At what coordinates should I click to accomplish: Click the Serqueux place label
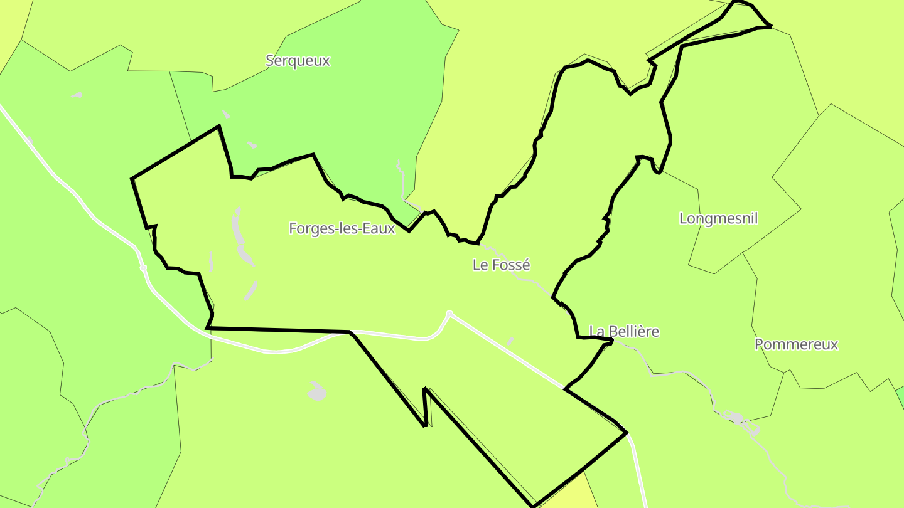pyautogui.click(x=298, y=61)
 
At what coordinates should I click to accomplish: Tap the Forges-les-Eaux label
pyautogui.click(x=342, y=228)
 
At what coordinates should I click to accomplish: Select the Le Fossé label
pyautogui.click(x=501, y=265)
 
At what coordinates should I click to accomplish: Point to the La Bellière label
pyautogui.click(x=624, y=331)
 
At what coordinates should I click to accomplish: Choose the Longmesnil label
pyautogui.click(x=718, y=218)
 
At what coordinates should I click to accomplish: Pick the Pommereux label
pyautogui.click(x=796, y=344)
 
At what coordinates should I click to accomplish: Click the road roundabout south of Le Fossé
pyautogui.click(x=449, y=314)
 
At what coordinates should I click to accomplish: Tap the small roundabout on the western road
pyautogui.click(x=143, y=268)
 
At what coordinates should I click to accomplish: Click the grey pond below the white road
pyautogui.click(x=318, y=392)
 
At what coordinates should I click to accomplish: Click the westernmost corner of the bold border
pyautogui.click(x=132, y=179)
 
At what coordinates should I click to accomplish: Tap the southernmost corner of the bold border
pyautogui.click(x=533, y=505)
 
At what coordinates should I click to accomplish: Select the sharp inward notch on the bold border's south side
pyautogui.click(x=425, y=389)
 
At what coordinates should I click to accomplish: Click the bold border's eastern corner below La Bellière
pyautogui.click(x=626, y=433)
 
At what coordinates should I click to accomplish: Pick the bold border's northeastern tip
pyautogui.click(x=770, y=26)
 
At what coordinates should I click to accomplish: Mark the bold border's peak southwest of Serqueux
pyautogui.click(x=218, y=127)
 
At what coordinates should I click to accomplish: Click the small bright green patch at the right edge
pyautogui.click(x=900, y=395)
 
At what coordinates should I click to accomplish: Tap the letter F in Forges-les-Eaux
pyautogui.click(x=293, y=228)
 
